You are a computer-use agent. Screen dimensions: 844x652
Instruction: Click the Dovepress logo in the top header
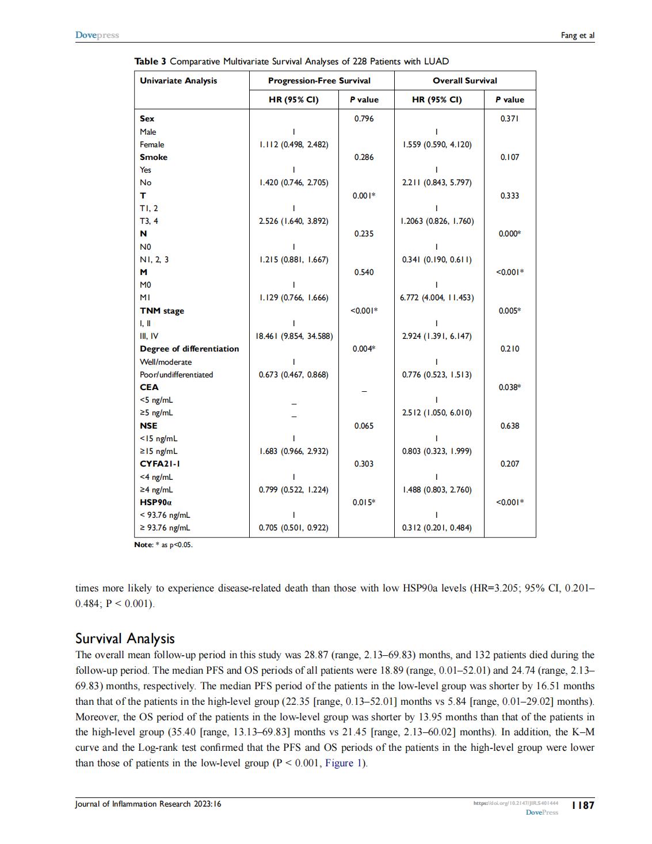coord(97,35)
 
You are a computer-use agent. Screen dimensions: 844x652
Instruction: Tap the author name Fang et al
coord(577,36)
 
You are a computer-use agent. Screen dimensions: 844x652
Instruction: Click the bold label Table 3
coord(150,61)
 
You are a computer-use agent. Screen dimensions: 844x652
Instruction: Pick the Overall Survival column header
coord(464,81)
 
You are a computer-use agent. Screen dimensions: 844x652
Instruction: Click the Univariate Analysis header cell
coord(178,81)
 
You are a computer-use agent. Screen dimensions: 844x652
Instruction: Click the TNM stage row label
coord(162,311)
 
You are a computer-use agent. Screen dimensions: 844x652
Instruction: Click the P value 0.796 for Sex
coord(364,119)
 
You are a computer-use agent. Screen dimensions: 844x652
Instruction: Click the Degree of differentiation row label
coord(189,349)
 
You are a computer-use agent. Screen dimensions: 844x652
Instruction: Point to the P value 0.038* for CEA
coord(510,387)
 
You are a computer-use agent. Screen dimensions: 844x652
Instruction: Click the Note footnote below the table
coord(163,545)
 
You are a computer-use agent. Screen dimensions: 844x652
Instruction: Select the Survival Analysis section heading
coord(125,638)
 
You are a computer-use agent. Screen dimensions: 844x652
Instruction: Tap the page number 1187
coord(582,805)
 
